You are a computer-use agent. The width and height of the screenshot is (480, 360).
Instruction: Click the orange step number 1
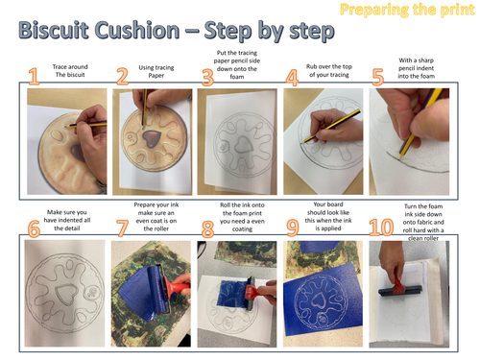34,76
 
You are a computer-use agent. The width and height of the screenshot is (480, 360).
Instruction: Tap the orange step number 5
378,77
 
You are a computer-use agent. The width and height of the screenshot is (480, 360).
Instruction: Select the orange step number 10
381,228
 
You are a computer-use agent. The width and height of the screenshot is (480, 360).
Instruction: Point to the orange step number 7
122,228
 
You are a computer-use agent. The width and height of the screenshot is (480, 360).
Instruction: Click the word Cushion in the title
137,31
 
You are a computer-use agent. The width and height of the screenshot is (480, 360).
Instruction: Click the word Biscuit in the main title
54,31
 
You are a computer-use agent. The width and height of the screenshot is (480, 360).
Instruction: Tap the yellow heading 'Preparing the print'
407,10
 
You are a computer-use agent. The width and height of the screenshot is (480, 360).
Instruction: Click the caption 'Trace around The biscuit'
70,71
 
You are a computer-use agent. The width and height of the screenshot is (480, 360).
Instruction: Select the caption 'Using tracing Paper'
156,71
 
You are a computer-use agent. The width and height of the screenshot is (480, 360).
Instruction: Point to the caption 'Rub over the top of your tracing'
329,71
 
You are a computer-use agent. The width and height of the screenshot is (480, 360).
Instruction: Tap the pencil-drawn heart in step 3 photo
244,144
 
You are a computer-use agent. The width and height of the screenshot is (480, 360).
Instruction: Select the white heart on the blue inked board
318,301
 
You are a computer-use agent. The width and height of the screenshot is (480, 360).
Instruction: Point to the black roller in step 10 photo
400,291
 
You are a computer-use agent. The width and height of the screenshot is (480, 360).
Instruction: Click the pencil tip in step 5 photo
398,157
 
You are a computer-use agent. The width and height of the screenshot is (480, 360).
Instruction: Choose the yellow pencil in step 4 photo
332,126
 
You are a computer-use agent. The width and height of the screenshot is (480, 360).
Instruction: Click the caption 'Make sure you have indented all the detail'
67,220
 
